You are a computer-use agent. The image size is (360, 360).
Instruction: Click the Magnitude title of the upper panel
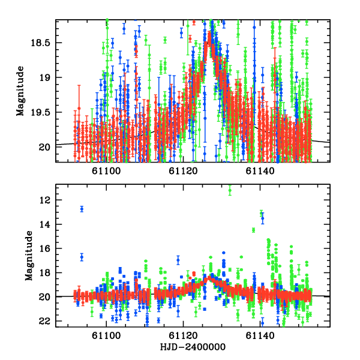(20, 91)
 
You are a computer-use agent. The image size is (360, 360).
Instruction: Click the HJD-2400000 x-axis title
(193, 347)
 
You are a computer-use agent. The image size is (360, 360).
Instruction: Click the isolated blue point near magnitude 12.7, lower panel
(82, 209)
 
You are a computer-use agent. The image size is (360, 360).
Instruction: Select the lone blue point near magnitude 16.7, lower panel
(82, 257)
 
